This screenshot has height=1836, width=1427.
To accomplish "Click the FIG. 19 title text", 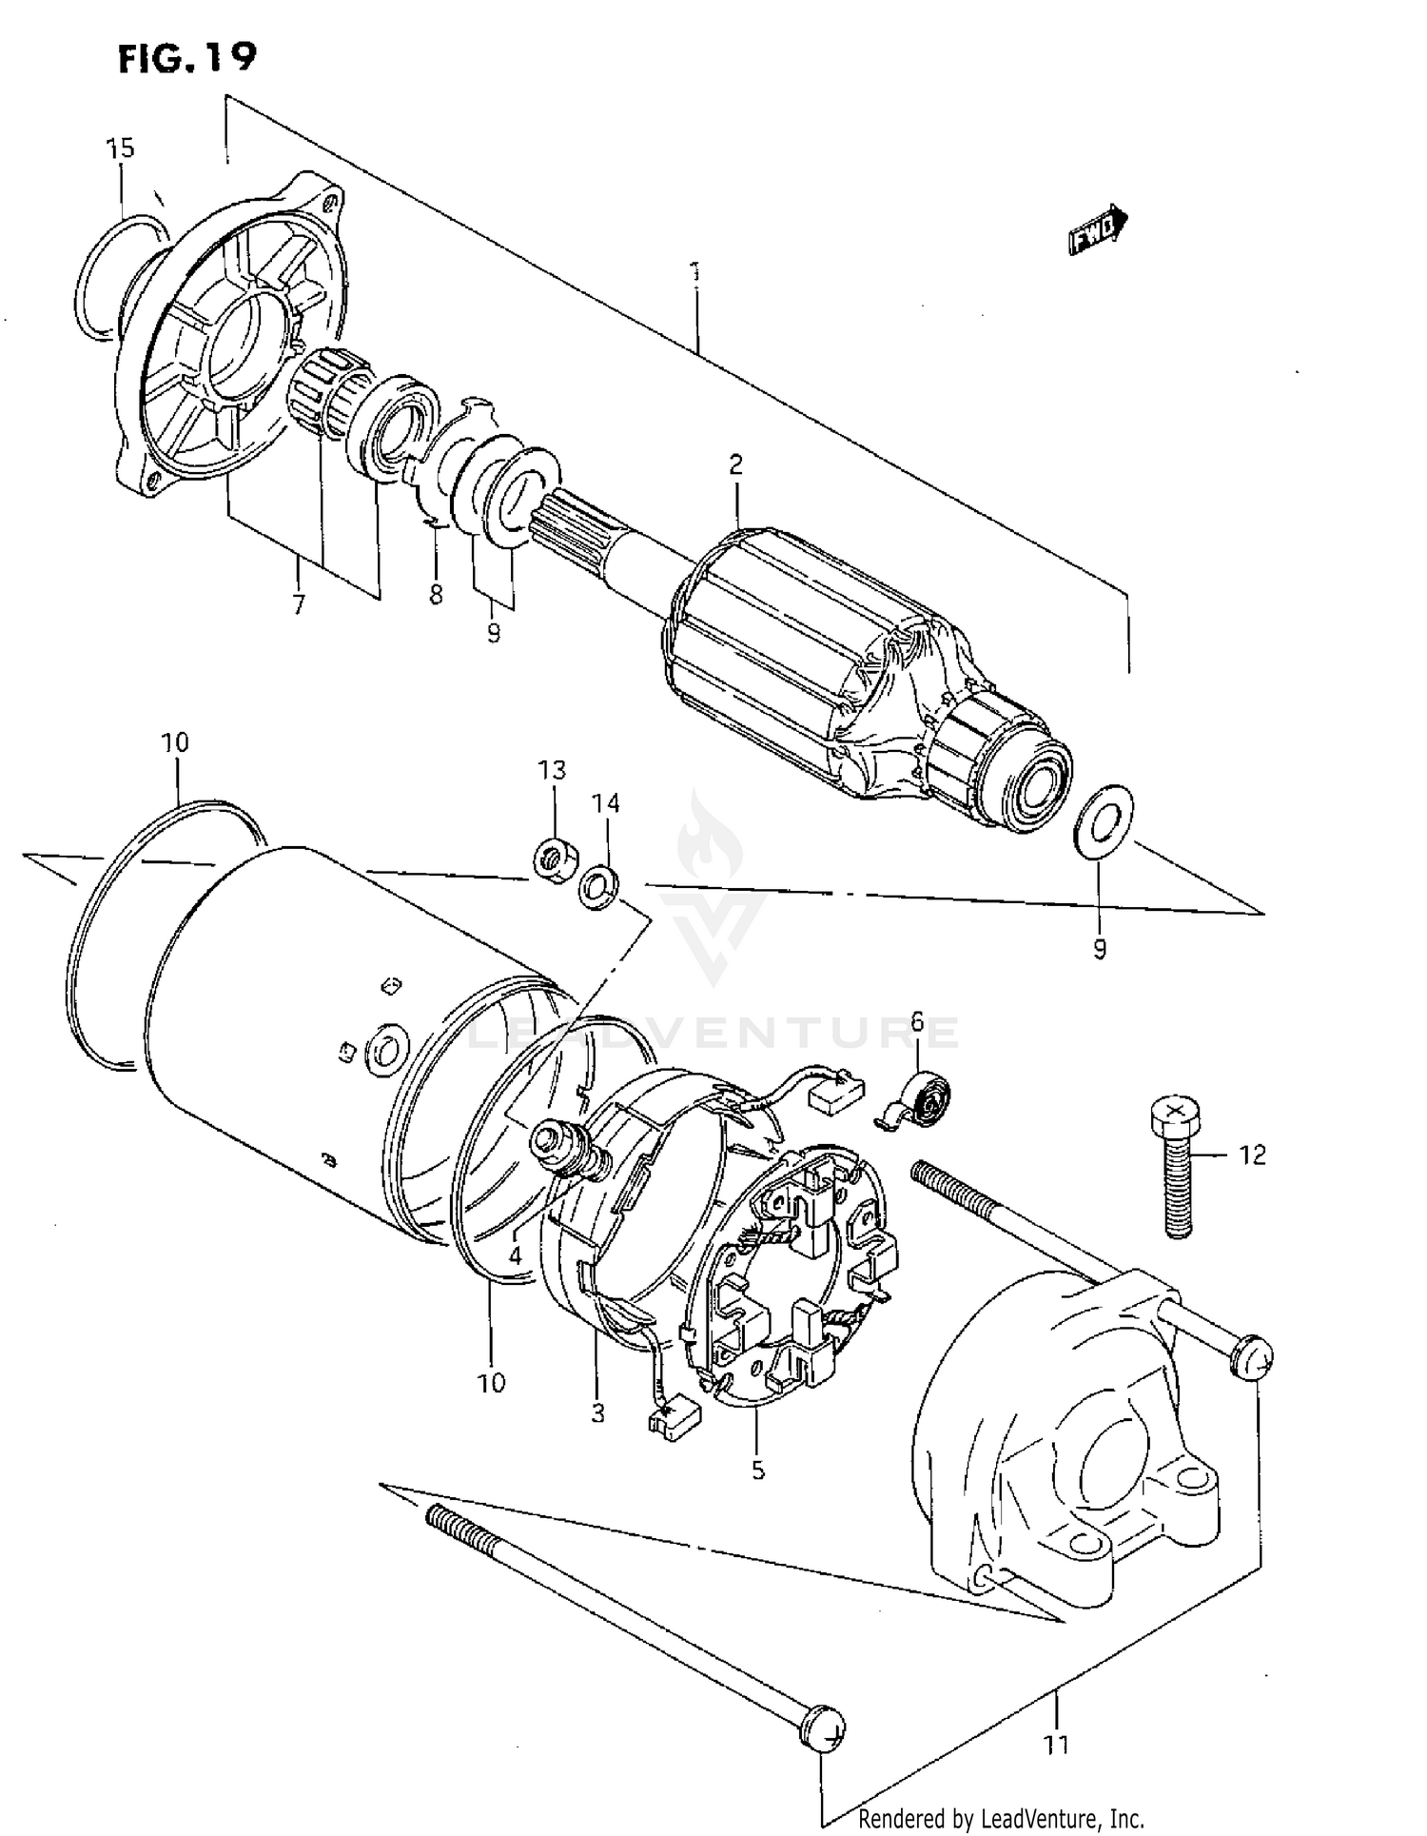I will tap(187, 58).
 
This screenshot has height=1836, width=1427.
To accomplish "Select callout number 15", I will tap(121, 148).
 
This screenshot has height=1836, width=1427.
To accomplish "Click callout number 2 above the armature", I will tap(735, 464).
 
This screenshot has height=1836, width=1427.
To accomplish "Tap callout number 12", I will tap(1252, 1155).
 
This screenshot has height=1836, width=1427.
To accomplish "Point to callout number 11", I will tap(1056, 1745).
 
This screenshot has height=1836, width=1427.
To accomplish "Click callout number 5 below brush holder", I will tap(757, 1470).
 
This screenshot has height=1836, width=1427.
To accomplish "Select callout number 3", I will tap(597, 1413).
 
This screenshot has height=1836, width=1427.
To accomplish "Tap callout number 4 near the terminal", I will tap(515, 1255).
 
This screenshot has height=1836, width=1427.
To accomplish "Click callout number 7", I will tap(299, 604).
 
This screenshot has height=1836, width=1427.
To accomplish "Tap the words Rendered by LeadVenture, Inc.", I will tap(1001, 1819).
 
